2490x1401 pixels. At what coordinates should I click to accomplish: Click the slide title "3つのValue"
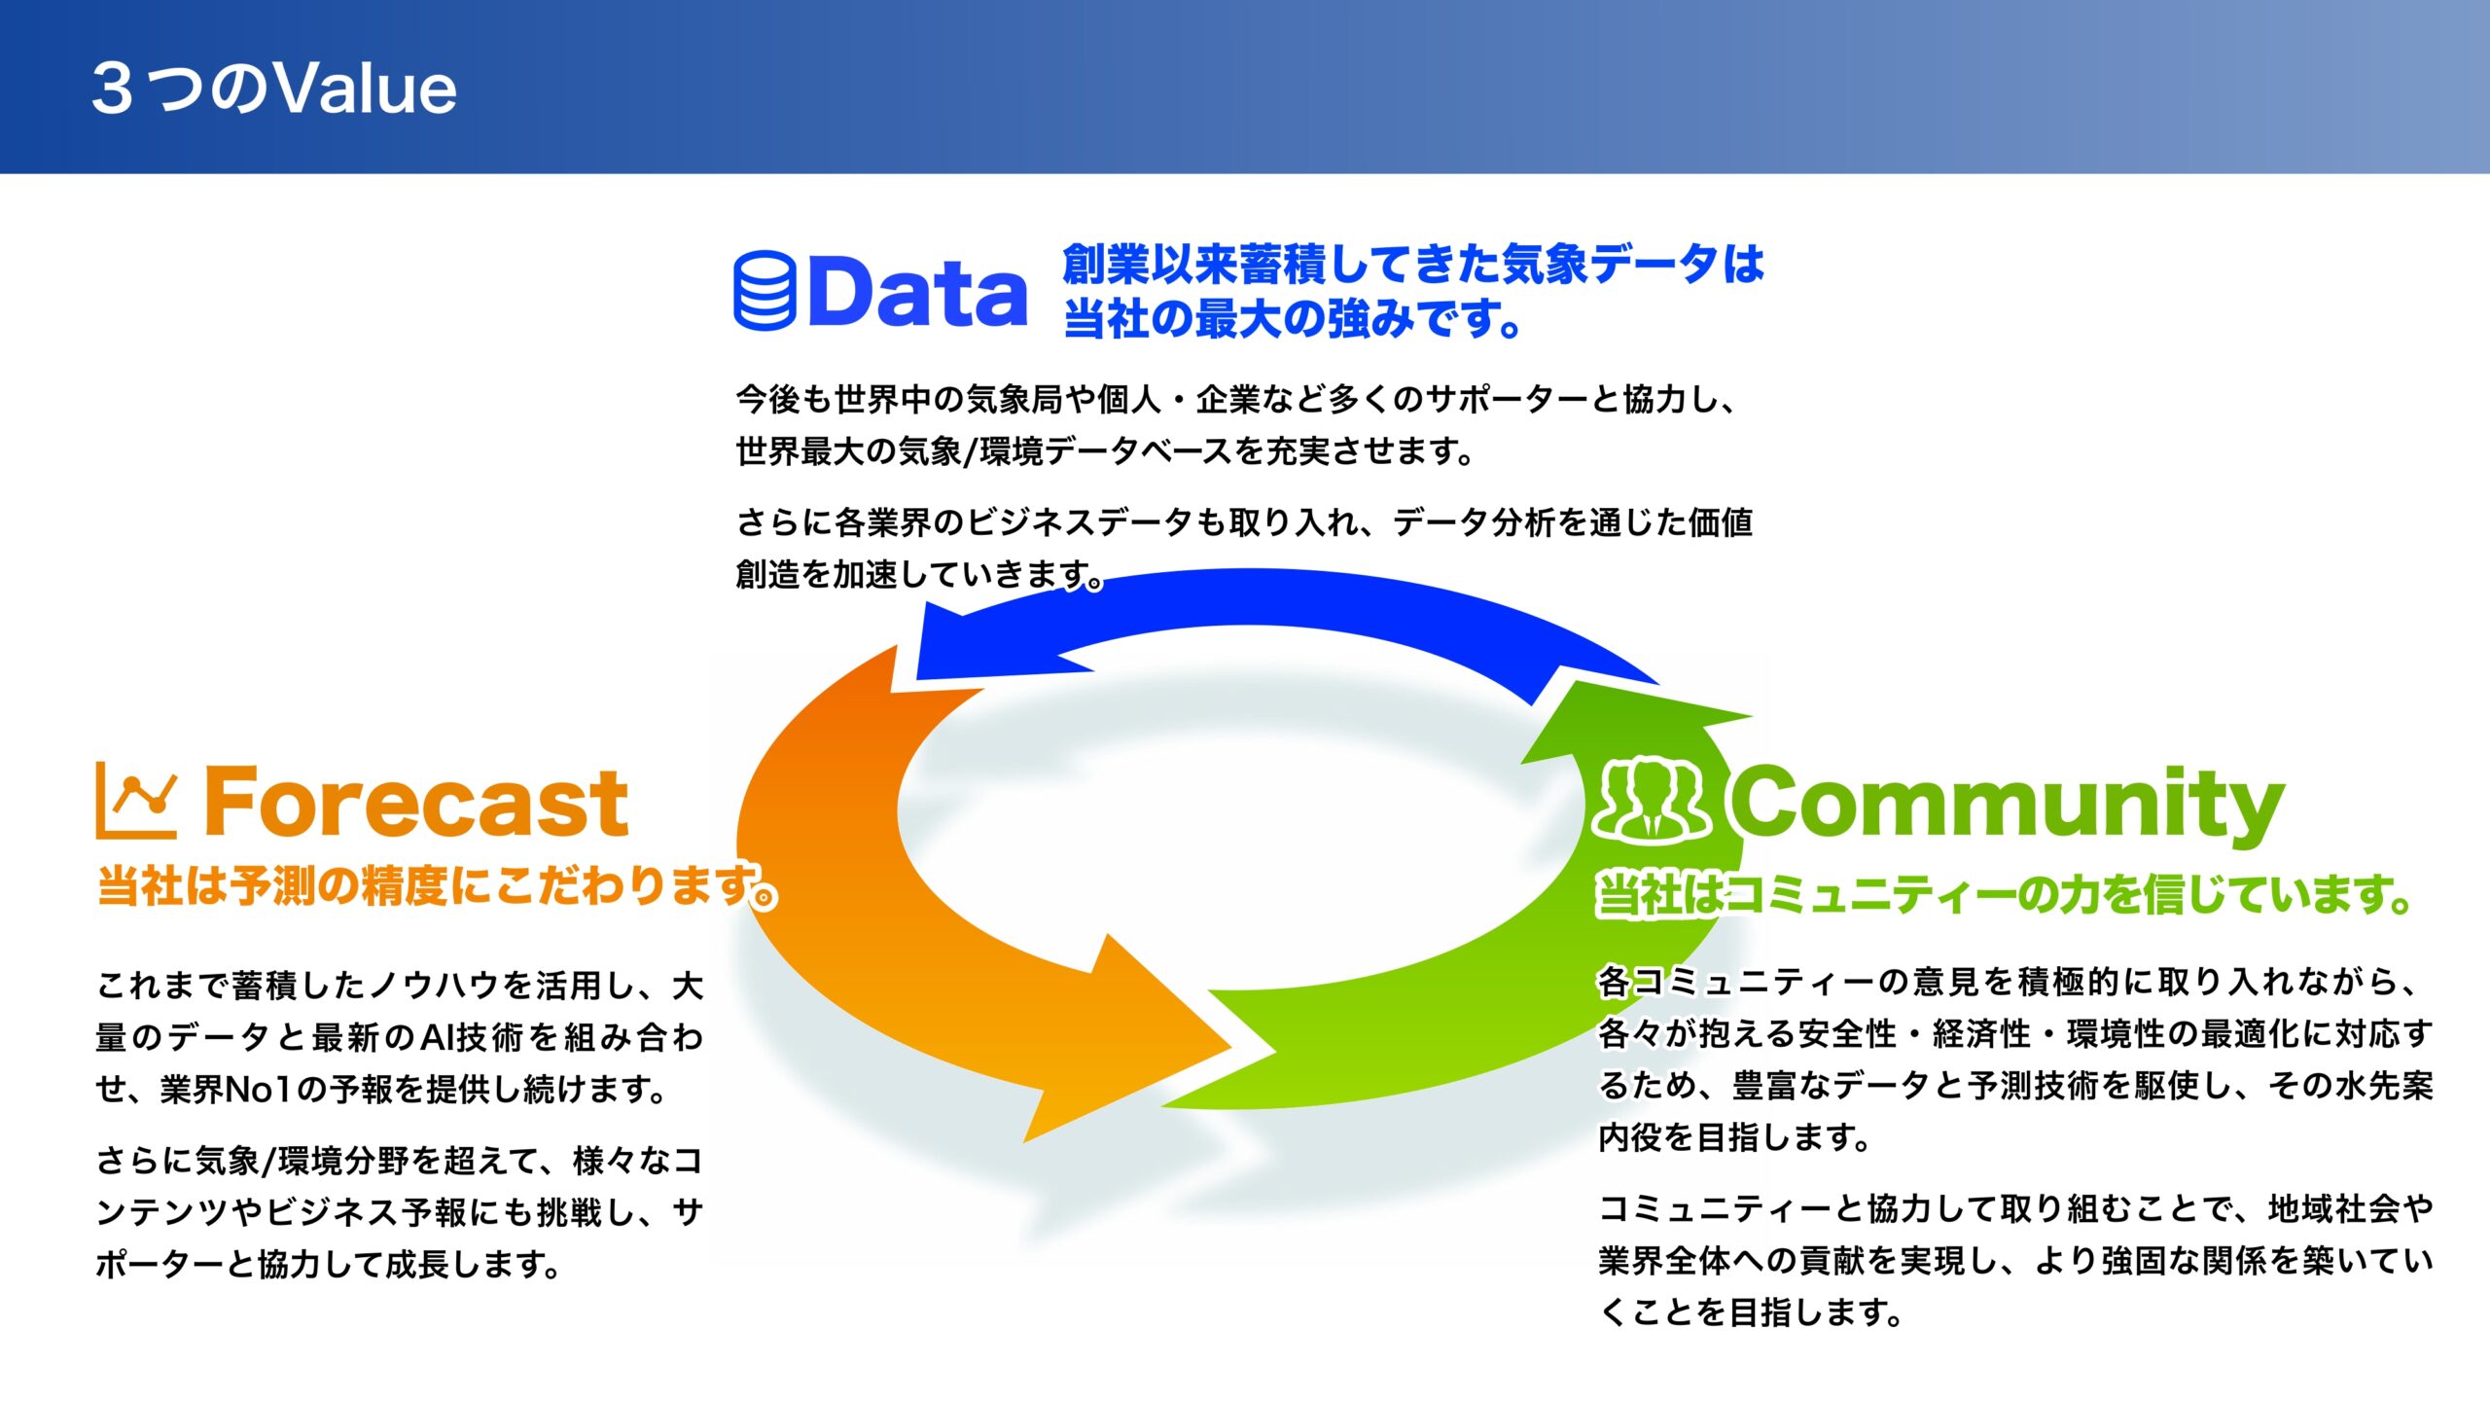273,88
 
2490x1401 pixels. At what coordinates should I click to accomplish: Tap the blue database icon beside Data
765,291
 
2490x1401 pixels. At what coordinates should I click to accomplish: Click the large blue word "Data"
917,291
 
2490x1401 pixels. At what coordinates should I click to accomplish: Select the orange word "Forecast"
416,803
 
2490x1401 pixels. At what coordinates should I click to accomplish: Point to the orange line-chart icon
136,801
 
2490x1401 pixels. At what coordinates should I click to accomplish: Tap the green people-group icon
1653,799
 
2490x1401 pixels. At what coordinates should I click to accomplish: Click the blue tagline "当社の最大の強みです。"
1293,319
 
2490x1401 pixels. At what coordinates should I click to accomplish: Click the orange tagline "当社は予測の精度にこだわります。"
438,886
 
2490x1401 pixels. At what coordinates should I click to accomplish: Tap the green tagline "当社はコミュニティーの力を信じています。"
2005,893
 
